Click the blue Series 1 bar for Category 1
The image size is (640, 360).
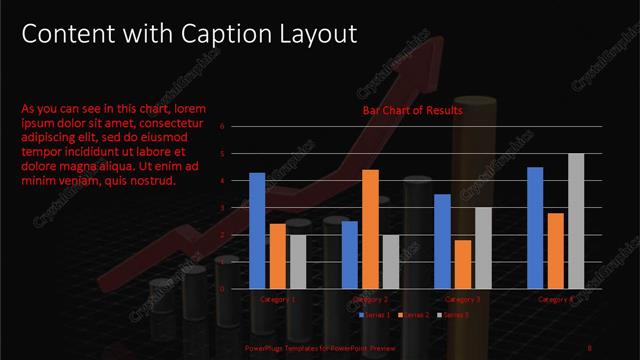[x=257, y=231]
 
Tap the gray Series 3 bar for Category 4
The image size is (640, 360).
[x=576, y=221]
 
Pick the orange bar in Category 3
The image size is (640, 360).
[x=463, y=264]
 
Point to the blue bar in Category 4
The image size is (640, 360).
[x=535, y=228]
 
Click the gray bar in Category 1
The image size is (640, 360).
[x=297, y=261]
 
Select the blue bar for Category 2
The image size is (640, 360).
[x=349, y=254]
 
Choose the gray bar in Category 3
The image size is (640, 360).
[x=483, y=248]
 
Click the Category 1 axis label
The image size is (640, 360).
[x=277, y=299]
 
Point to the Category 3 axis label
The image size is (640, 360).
[x=463, y=299]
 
